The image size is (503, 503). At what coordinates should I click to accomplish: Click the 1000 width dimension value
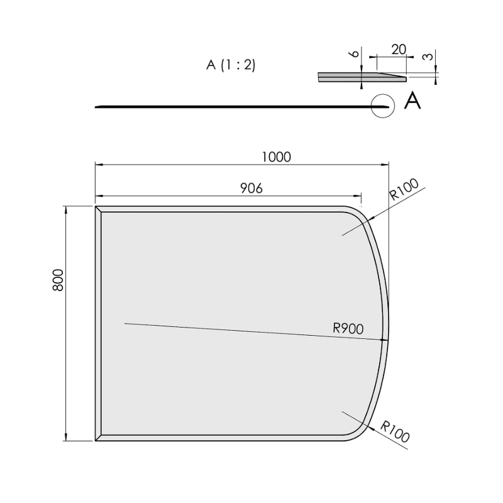pos(277,157)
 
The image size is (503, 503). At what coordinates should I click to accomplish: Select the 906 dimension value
pos(251,188)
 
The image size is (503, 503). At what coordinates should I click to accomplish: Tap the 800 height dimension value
pos(58,280)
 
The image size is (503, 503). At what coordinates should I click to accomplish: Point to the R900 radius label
pos(348,328)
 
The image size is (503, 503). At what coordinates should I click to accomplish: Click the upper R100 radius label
pos(404,189)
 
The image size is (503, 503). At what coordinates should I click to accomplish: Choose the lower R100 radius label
pos(395,431)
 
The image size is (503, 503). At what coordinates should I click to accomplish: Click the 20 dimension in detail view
pos(399,50)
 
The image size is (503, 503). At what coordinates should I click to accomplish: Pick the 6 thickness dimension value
pos(355,53)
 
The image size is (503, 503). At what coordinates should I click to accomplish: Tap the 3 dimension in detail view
pos(428,57)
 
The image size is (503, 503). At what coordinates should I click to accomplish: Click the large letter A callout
pos(412,101)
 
